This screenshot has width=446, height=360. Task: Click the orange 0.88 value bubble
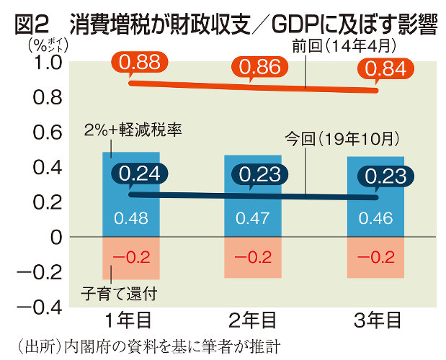click(x=140, y=64)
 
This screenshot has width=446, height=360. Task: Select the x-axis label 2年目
click(x=253, y=319)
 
